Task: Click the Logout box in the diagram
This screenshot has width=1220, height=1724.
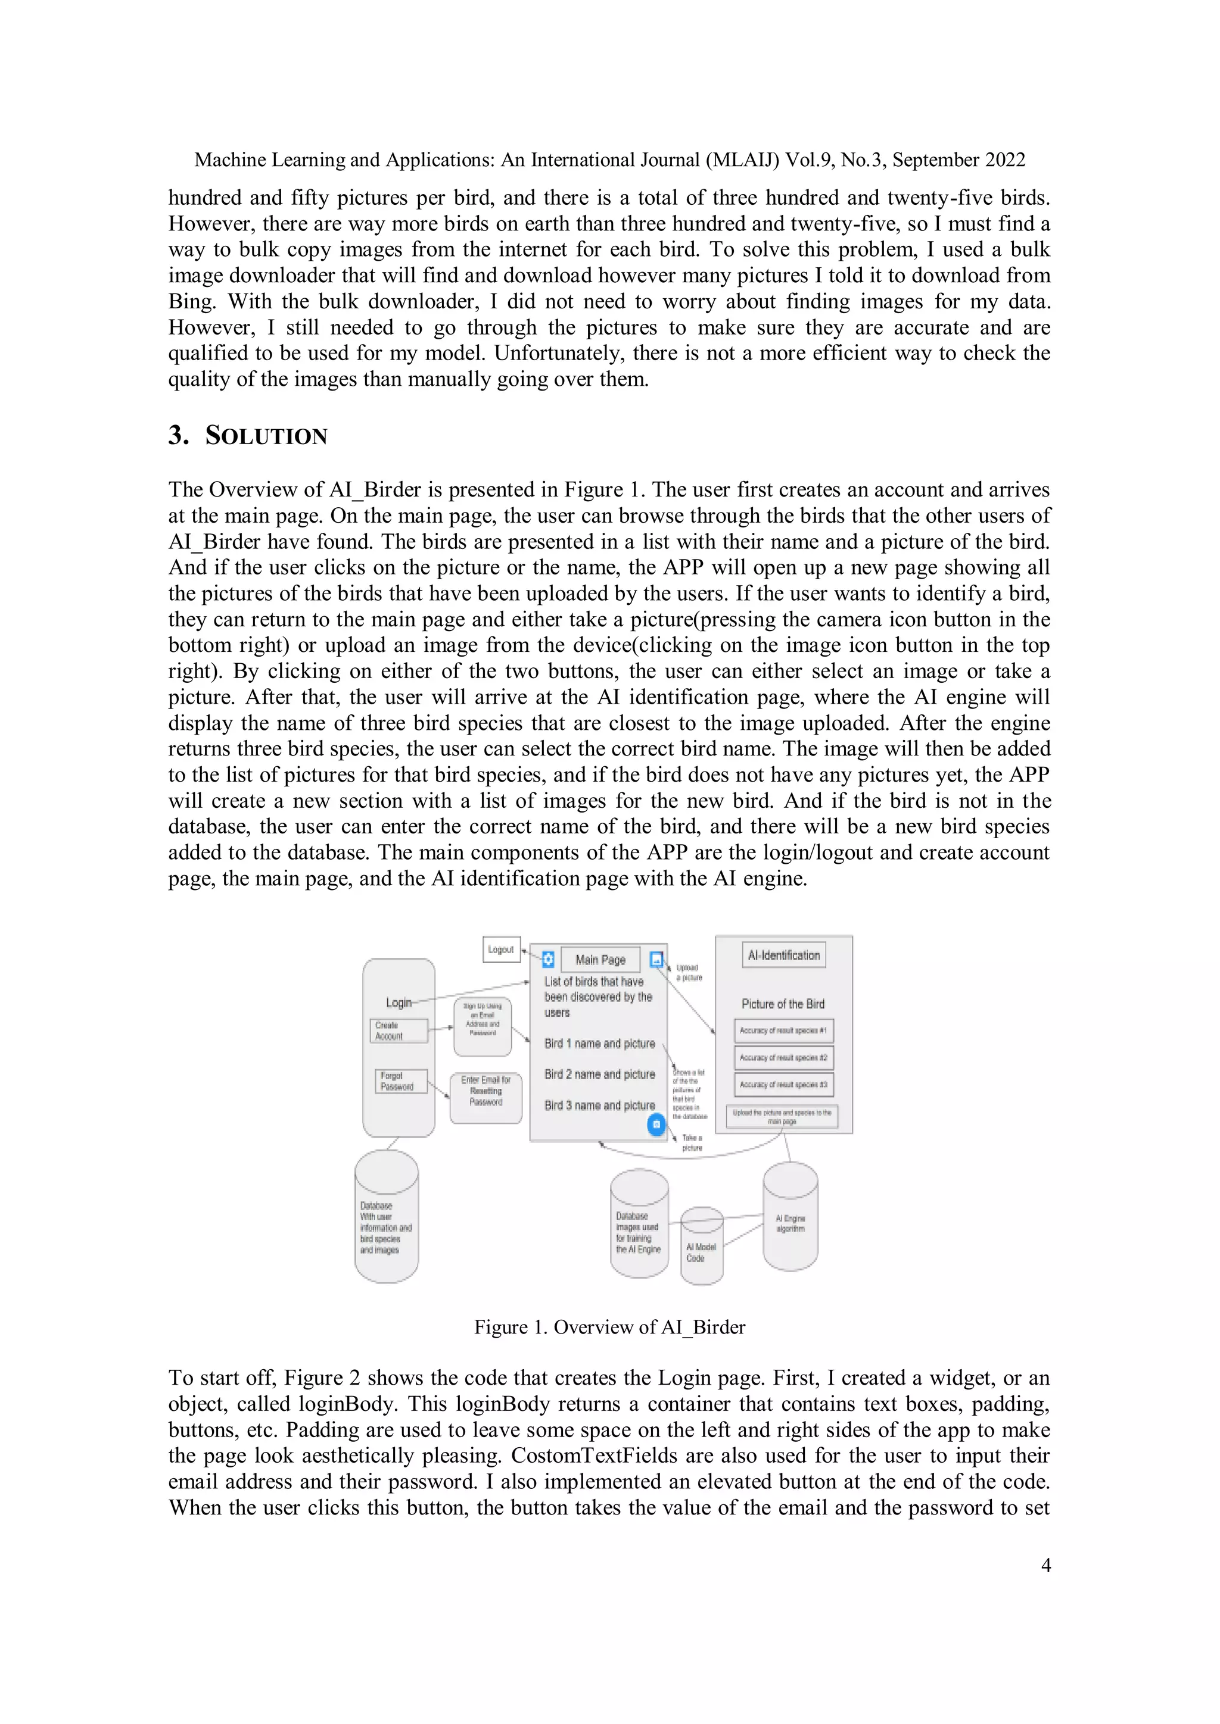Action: tap(501, 949)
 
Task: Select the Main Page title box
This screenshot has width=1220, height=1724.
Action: tap(600, 960)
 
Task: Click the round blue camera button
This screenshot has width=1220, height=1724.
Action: tap(656, 1124)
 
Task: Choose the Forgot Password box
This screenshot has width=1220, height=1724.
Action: tap(400, 1081)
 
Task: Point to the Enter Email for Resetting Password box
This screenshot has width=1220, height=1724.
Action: tap(486, 1098)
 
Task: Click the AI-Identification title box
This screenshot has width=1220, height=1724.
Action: tap(783, 955)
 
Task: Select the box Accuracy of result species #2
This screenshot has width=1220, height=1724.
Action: tap(783, 1057)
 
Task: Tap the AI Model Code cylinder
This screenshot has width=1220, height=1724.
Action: tap(702, 1247)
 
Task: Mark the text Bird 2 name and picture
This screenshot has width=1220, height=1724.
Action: tap(599, 1075)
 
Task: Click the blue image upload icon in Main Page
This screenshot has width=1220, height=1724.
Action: tap(656, 959)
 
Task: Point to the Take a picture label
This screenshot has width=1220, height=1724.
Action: tap(692, 1143)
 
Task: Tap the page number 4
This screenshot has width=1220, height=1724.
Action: tap(1045, 1566)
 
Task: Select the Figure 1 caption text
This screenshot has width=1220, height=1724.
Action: tap(609, 1327)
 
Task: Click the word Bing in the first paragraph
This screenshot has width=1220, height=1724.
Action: tap(191, 301)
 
